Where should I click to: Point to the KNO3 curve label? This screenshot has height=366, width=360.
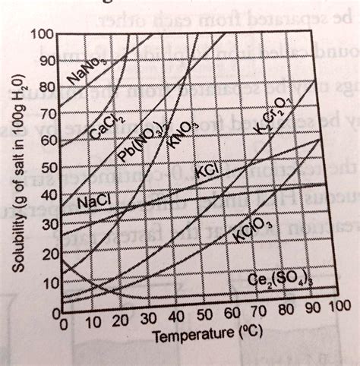(x=182, y=131)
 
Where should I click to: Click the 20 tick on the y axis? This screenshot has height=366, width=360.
(x=49, y=254)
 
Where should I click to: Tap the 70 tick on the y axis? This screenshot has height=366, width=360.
(x=47, y=114)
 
